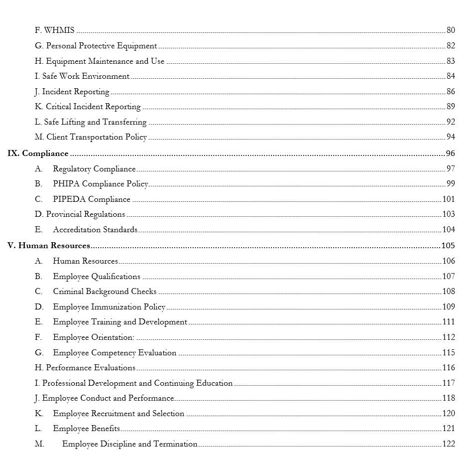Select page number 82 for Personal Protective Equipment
tap(450, 46)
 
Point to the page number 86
tap(450, 92)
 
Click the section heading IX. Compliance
tap(38, 153)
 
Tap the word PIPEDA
tap(69, 199)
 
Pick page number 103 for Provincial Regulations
tap(448, 214)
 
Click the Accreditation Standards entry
tap(95, 230)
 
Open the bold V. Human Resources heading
tap(49, 246)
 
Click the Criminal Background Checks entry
tap(105, 292)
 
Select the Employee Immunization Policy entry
tap(109, 307)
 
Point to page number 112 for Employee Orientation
tap(448, 337)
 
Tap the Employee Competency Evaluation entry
tap(115, 353)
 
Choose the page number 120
tap(448, 414)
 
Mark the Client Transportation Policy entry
tap(97, 137)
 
